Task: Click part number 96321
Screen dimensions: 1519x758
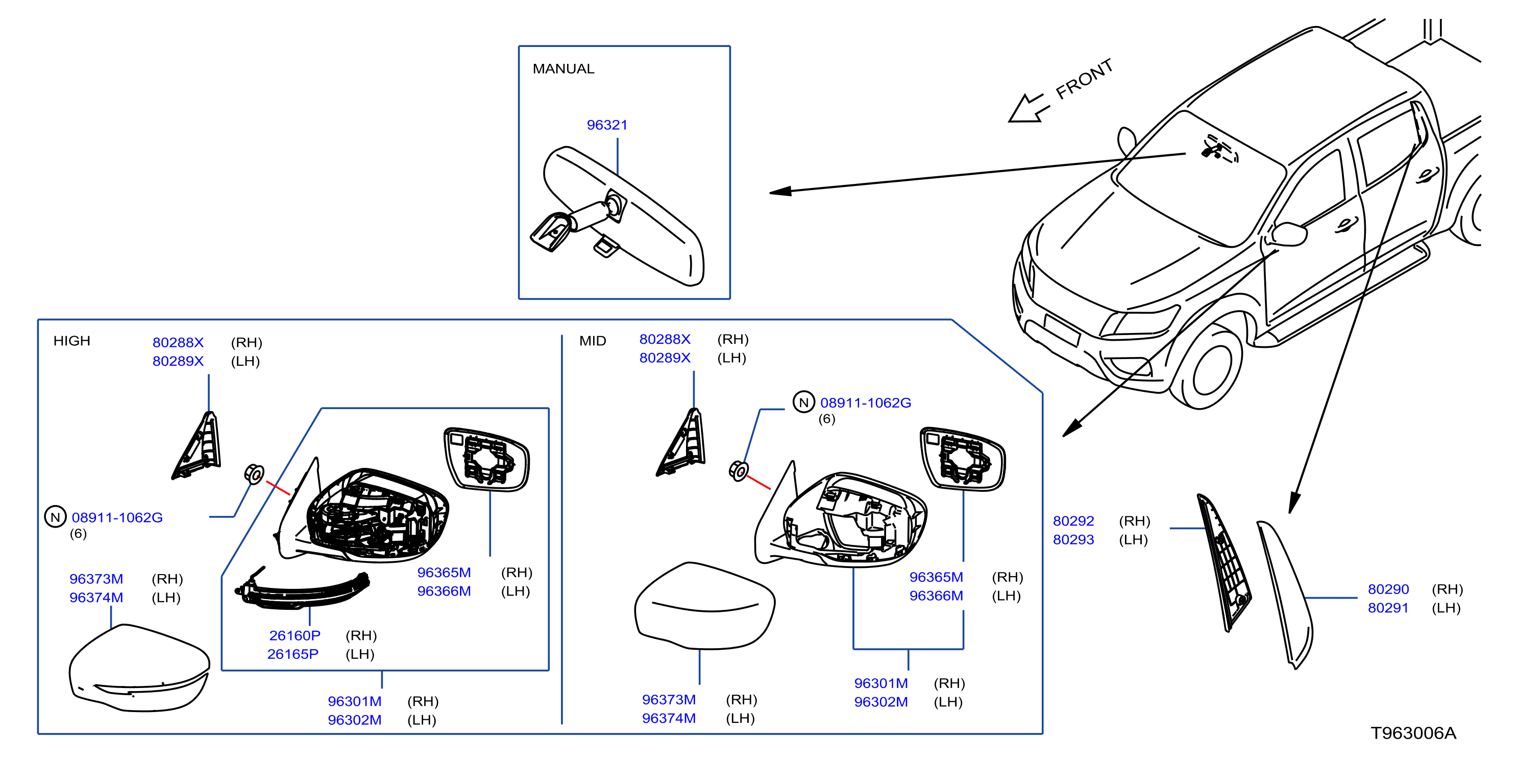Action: click(x=607, y=125)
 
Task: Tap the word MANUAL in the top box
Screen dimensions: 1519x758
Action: click(x=563, y=69)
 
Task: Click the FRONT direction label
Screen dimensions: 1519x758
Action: click(x=1084, y=79)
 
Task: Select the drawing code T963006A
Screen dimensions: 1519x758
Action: click(x=1413, y=733)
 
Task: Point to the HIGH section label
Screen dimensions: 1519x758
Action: click(x=71, y=341)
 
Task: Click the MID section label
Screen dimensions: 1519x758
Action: click(x=593, y=341)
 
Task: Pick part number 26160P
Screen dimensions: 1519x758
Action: click(x=295, y=635)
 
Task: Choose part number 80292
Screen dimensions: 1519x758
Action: click(x=1073, y=521)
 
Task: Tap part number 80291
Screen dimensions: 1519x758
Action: click(x=1388, y=608)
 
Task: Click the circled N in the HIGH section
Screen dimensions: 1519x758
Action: click(x=56, y=517)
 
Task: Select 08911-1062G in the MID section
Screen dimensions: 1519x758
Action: click(x=866, y=403)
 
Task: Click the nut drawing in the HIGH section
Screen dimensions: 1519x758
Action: click(x=254, y=473)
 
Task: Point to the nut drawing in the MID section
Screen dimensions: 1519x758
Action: click(x=739, y=471)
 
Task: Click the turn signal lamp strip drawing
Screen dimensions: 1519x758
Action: click(x=302, y=590)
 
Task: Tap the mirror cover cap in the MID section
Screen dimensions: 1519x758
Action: click(x=705, y=606)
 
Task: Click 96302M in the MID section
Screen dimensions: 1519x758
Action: click(x=881, y=702)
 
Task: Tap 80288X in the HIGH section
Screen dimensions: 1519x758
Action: click(x=178, y=343)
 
